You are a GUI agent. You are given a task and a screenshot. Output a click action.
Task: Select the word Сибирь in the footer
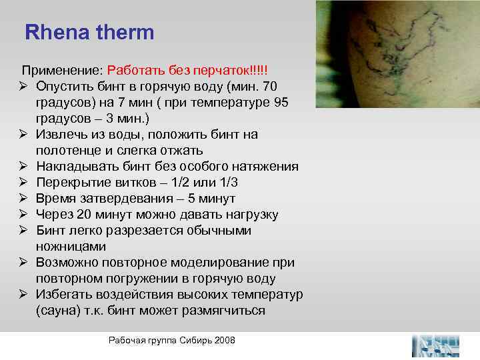click(x=195, y=341)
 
